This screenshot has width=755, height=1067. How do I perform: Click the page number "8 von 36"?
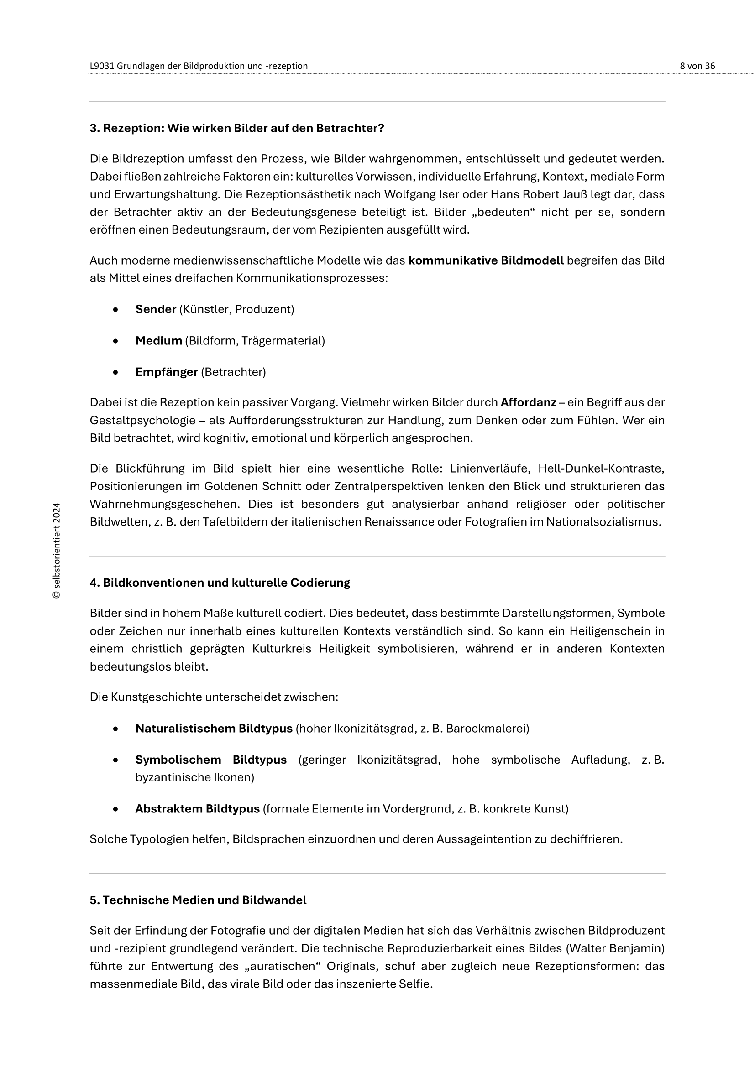697,66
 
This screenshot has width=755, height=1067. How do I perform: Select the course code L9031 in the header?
102,66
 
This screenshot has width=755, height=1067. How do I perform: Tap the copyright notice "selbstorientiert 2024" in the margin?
57,550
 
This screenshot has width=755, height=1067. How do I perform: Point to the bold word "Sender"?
156,309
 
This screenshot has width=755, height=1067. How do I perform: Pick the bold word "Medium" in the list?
158,341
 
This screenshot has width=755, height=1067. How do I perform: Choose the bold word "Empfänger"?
167,372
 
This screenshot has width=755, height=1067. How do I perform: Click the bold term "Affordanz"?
528,402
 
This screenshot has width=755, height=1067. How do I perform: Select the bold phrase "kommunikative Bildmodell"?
486,261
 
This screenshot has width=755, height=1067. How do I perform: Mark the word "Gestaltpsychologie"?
142,421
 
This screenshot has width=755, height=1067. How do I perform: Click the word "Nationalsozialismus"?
603,522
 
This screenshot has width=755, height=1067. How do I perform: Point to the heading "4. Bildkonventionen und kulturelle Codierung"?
220,583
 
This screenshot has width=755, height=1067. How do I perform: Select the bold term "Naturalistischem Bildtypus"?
214,729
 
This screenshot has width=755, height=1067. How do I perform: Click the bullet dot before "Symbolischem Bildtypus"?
116,760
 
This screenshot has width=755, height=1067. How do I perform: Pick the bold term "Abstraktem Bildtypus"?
198,809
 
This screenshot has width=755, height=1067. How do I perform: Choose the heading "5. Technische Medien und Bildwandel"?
198,900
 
